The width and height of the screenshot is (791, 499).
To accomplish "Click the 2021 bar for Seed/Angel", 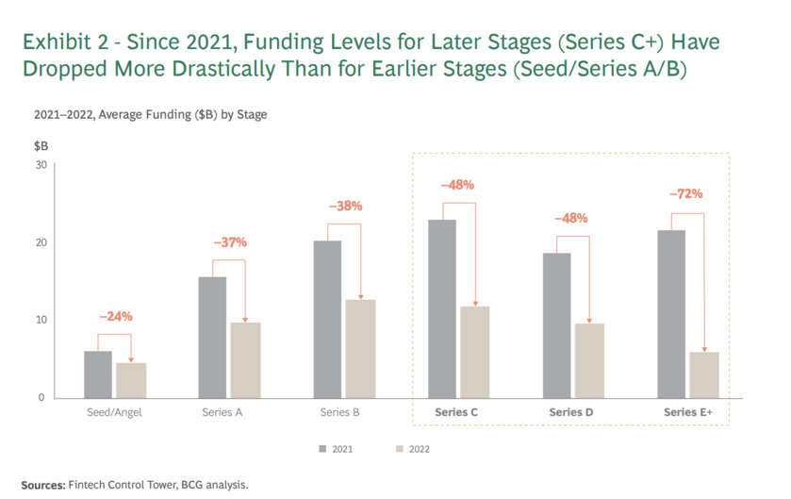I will (x=98, y=374).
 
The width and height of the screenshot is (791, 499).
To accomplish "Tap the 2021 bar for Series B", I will (x=327, y=319).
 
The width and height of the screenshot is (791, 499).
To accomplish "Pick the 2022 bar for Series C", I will (x=474, y=351).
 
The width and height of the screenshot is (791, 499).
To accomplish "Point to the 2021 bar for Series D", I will (x=557, y=324).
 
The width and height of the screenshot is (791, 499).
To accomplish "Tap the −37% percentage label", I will (x=229, y=242).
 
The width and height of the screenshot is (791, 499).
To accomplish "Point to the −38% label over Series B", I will (x=344, y=206).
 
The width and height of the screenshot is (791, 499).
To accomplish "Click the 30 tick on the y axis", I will (x=40, y=164).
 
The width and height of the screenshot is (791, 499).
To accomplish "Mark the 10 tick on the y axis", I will (x=40, y=320).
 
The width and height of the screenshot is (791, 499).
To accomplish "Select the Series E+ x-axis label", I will (x=687, y=412).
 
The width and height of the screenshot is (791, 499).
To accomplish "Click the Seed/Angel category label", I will (x=114, y=412).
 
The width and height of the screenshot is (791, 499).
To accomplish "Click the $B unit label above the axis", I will (x=41, y=146).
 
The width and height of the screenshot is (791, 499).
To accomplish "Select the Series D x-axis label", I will (x=572, y=412).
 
